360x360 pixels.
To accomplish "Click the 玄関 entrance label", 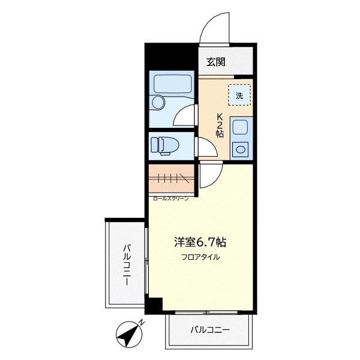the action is click(216, 62).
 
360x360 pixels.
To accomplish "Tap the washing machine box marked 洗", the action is click(239, 95).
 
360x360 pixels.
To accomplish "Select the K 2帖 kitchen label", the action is click(220, 125).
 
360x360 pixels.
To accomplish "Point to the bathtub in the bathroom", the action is click(173, 84).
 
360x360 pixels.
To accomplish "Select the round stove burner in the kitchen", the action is click(241, 149).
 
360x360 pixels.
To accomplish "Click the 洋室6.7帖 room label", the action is click(200, 242).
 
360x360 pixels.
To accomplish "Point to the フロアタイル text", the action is click(200, 257).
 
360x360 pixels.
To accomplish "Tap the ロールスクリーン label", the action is click(170, 199).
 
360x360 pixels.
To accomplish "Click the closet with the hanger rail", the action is click(171, 179).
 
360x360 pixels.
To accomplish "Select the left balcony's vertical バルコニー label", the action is click(127, 265).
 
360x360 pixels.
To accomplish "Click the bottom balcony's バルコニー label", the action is click(210, 330).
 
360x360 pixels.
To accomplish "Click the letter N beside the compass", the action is click(142, 323).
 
